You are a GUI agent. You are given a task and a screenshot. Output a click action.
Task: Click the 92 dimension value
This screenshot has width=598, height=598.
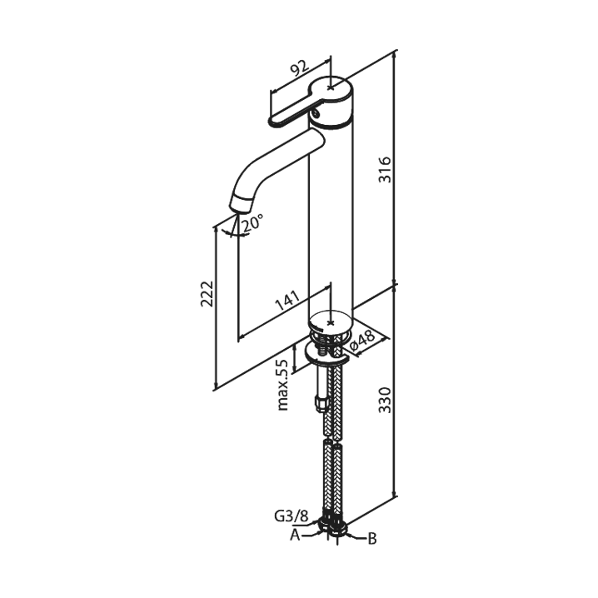(300, 67)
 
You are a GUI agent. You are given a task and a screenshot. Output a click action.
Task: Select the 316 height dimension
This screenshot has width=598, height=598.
(385, 169)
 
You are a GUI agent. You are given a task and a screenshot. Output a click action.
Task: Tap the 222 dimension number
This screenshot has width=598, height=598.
(207, 294)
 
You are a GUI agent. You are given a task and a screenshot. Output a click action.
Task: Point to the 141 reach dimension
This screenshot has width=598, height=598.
(287, 301)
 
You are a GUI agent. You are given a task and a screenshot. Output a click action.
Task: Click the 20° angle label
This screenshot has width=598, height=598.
(252, 222)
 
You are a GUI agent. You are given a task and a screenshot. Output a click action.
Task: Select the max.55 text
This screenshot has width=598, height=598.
(282, 385)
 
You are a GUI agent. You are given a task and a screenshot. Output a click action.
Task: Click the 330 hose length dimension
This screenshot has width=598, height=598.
(385, 400)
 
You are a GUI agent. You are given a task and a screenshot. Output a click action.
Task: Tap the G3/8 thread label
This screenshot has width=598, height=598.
(291, 516)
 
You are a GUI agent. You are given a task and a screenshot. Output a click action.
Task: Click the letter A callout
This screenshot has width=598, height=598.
(295, 535)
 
